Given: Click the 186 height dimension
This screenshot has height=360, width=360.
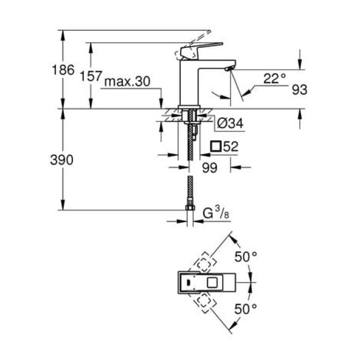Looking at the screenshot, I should (64, 70).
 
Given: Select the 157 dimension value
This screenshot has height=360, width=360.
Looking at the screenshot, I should (92, 76).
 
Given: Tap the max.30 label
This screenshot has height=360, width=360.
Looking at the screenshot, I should (123, 82).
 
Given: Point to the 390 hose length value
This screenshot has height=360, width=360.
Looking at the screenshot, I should (63, 160).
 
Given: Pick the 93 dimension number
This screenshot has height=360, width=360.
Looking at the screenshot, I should (299, 90).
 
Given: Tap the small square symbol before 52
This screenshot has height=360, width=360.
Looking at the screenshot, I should (217, 147).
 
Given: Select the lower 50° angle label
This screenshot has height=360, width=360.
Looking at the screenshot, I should (246, 309).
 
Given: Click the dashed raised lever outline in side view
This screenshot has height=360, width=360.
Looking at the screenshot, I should (197, 39).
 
